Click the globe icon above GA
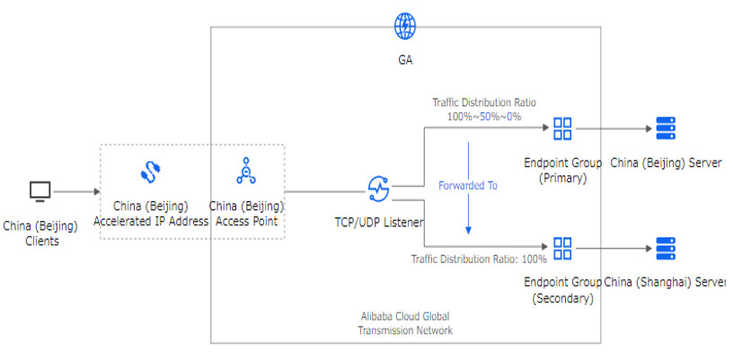405,24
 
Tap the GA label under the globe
405,61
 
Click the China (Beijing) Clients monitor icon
40,191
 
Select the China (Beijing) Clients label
40,233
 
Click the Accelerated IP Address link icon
149,171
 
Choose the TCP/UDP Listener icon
378,189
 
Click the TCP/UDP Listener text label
379,222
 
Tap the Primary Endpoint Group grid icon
562,128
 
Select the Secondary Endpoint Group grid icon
562,248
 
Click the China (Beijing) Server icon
666,128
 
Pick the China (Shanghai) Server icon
666,248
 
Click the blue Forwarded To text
467,186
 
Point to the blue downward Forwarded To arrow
467,215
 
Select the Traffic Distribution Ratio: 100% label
479,259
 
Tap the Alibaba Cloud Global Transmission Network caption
404,323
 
